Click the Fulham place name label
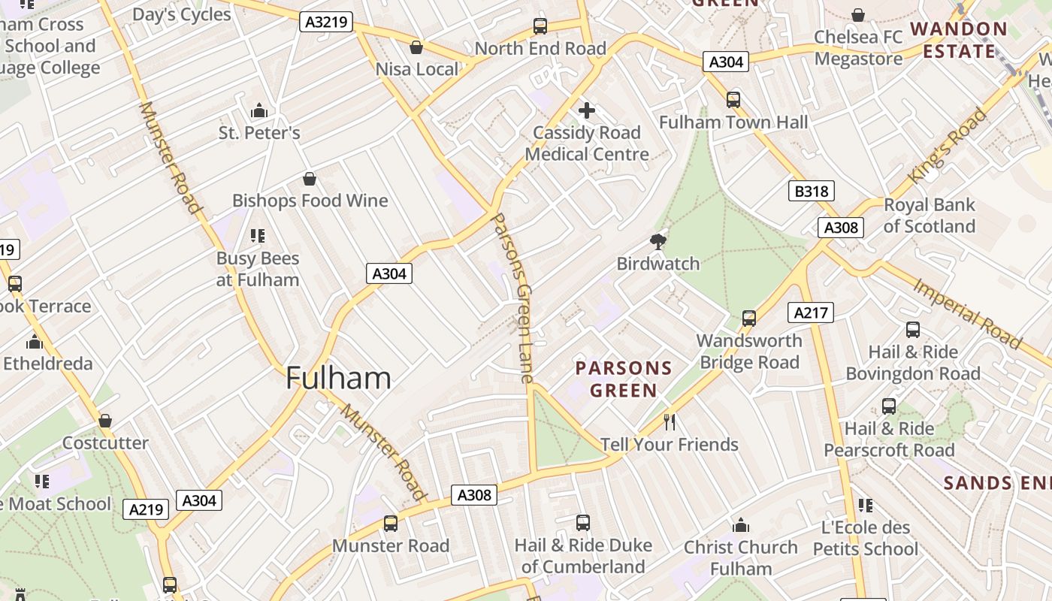pos(338,378)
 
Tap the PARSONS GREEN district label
pos(624,379)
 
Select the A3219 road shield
pos(328,22)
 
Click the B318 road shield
pos(812,192)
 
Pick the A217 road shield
pos(811,313)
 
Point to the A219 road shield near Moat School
pos(146,509)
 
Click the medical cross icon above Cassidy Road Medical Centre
pos(587,111)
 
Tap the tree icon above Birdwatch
pos(658,241)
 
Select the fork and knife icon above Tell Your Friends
pos(670,422)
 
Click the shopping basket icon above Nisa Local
pos(416,47)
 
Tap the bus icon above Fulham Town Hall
pos(733,100)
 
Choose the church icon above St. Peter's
pos(259,111)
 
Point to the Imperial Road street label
pos(967,313)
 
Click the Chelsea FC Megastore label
pos(858,47)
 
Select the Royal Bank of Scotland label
pos(929,216)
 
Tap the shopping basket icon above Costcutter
pos(105,421)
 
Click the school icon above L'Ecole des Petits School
pos(866,506)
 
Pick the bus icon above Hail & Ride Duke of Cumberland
pos(583,523)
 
